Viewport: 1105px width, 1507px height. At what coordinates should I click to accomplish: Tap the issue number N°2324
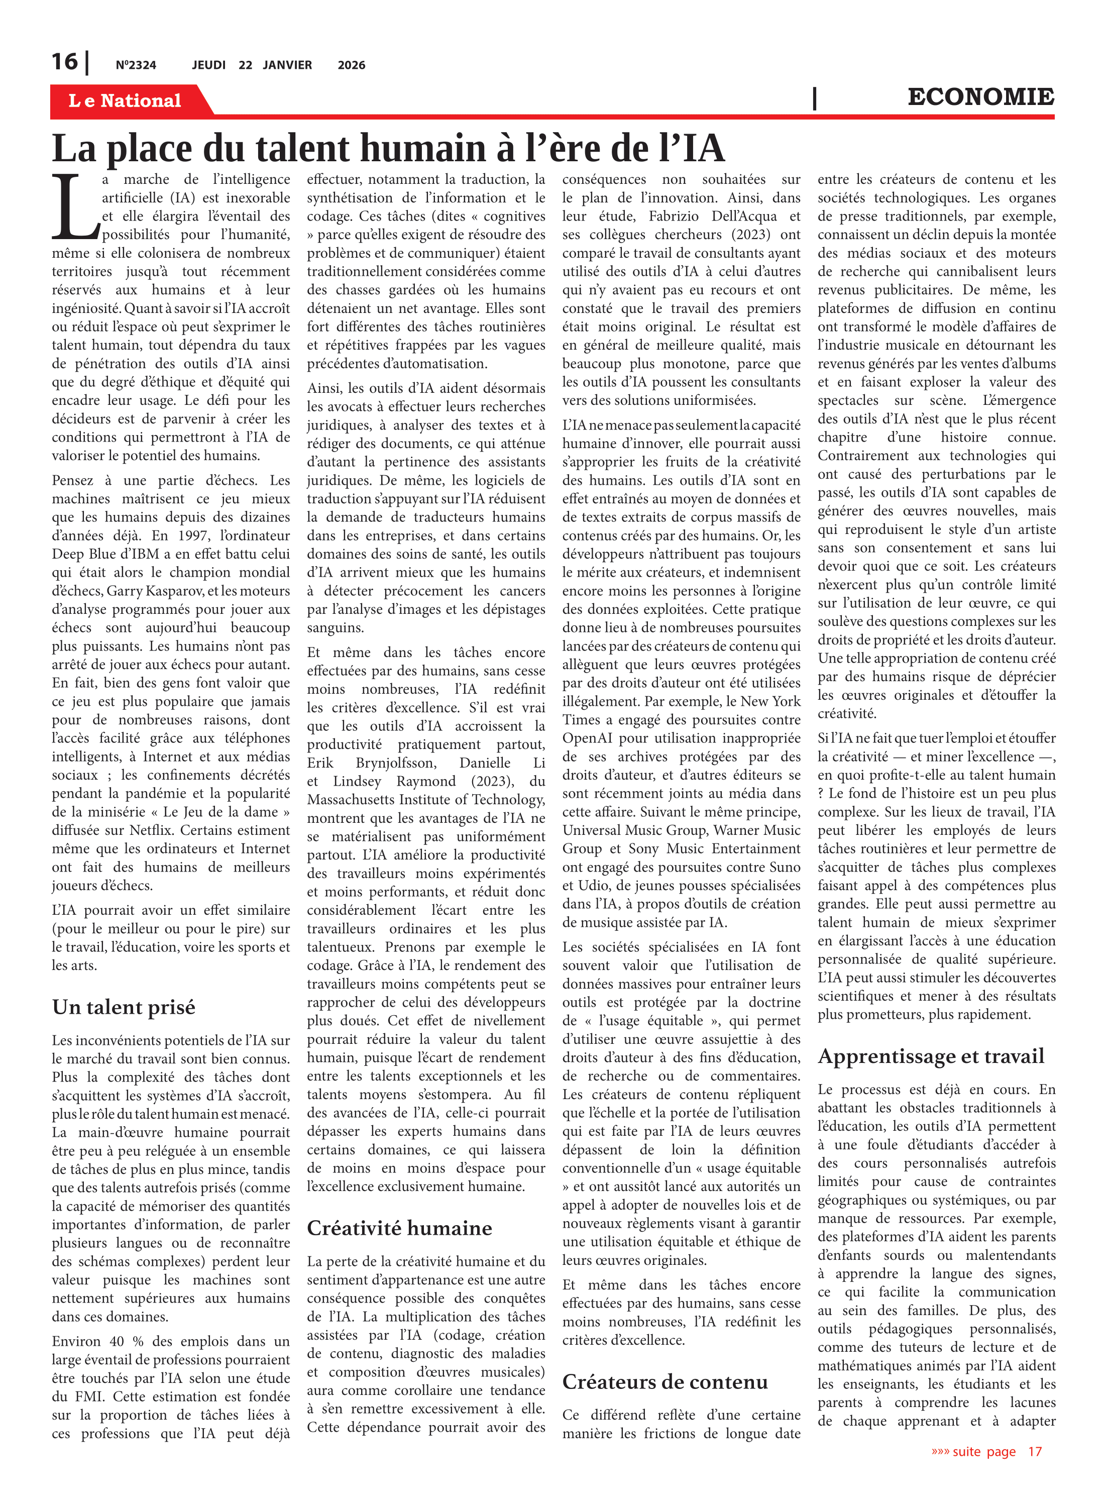point(136,65)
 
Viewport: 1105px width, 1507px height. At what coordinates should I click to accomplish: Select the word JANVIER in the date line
point(287,65)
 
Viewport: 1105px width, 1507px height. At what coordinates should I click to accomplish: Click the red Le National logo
point(125,101)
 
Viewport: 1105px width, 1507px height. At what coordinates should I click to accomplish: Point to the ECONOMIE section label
point(980,97)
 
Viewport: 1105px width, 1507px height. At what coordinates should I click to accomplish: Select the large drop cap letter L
point(75,207)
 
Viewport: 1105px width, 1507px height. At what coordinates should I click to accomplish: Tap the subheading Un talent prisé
point(124,1007)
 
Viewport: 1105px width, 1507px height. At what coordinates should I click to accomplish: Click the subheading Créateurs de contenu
point(665,1381)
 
